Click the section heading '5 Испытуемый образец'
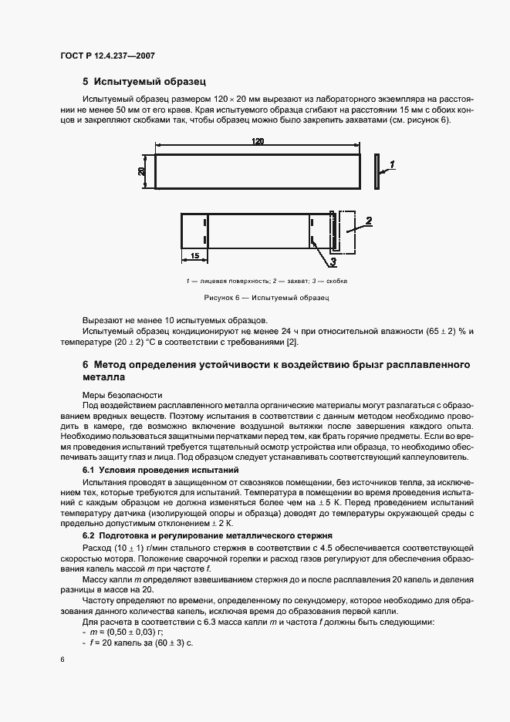[x=144, y=81]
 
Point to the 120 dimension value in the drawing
[x=257, y=141]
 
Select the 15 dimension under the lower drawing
[x=194, y=255]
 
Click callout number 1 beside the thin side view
[x=392, y=164]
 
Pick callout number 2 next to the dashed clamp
[x=369, y=221]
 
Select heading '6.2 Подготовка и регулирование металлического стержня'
[x=208, y=535]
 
